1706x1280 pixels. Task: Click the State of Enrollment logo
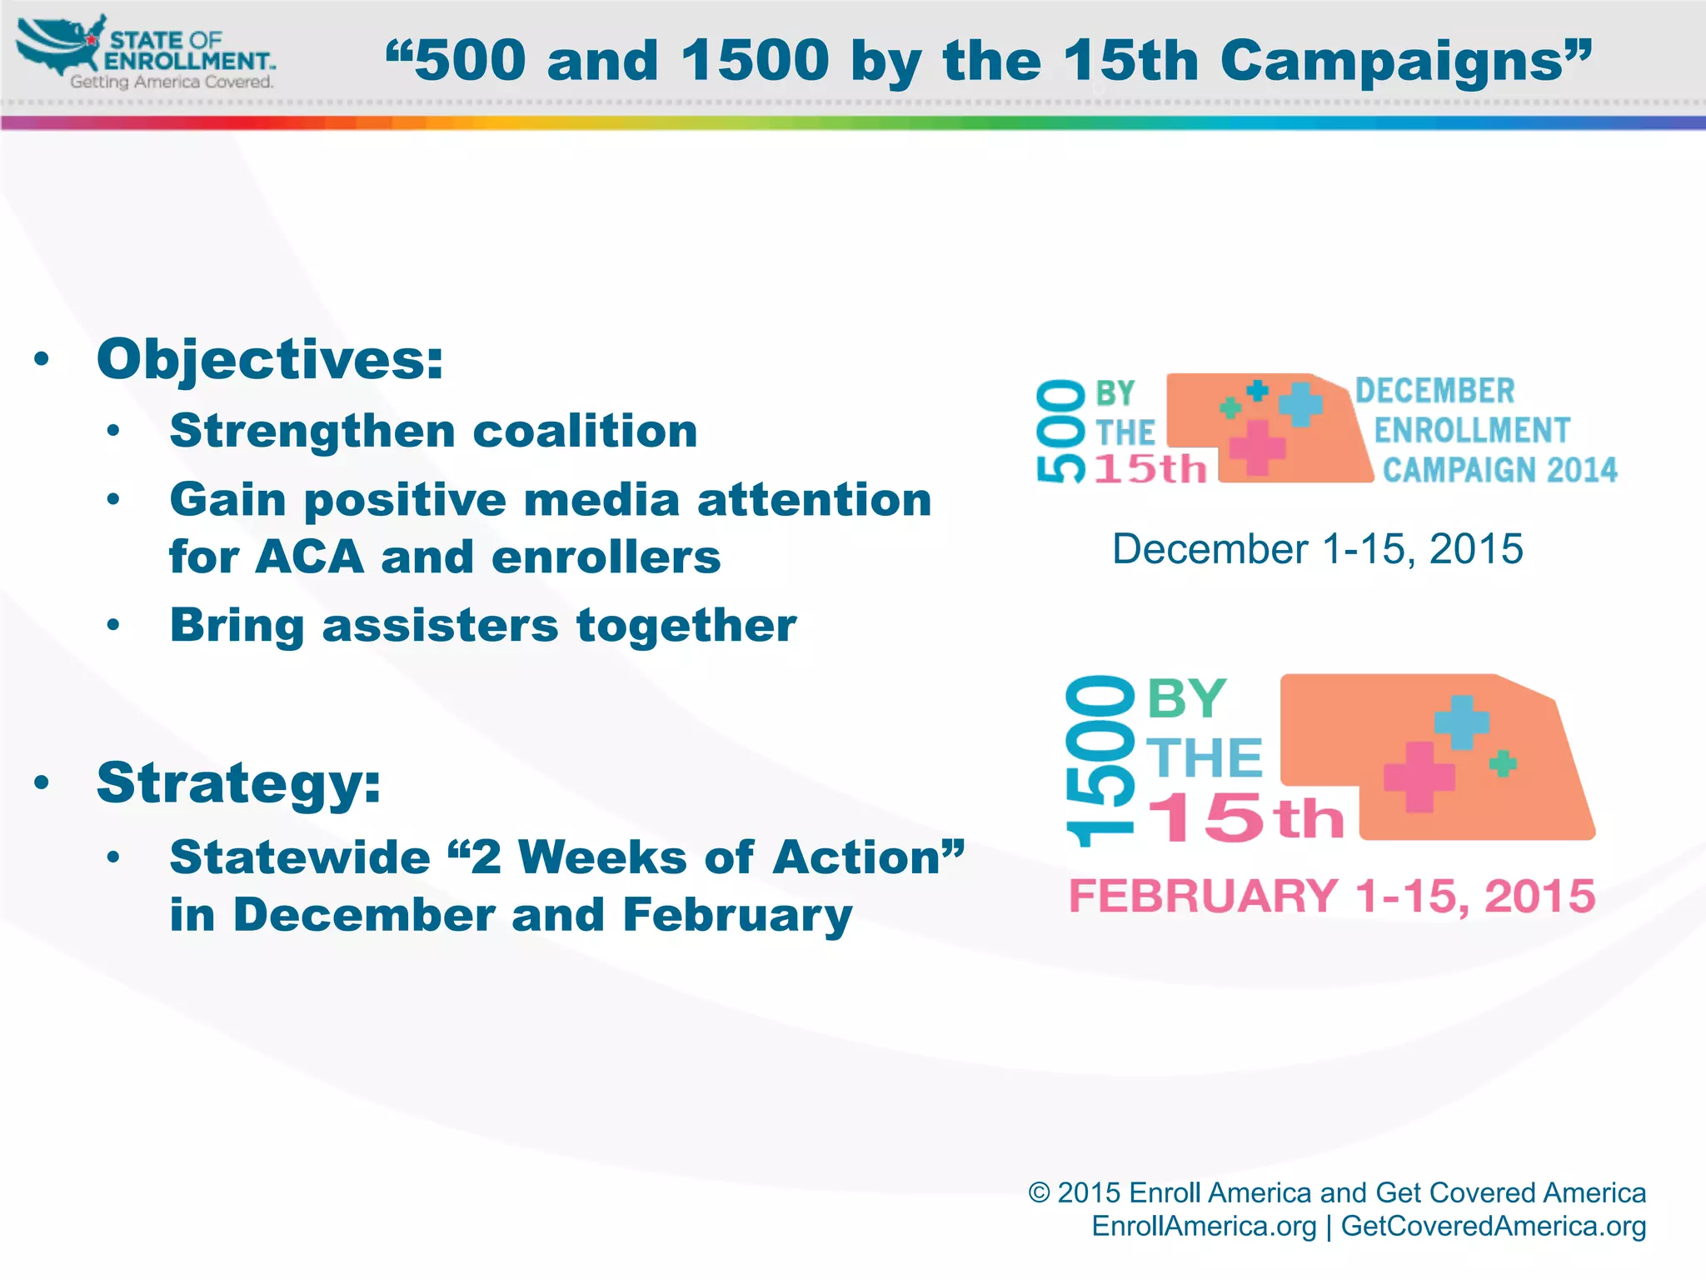pos(146,52)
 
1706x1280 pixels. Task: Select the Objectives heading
pos(270,360)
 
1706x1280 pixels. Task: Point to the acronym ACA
pos(310,557)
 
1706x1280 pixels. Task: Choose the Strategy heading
pos(239,782)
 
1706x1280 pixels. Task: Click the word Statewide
pos(300,857)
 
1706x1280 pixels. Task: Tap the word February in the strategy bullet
pos(737,915)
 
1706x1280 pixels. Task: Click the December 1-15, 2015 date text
pos(1318,549)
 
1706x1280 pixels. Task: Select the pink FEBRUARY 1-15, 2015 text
pos(1331,897)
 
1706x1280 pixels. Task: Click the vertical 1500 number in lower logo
pos(1100,761)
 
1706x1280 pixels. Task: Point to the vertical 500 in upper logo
pos(1060,431)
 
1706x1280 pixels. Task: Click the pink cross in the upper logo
pos(1257,447)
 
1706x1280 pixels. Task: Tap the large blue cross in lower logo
pos(1462,722)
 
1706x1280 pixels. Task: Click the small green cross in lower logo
pos(1503,763)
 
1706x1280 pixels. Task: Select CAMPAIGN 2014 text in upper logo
pos(1499,471)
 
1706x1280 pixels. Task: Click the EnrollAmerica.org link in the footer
pos(1204,1227)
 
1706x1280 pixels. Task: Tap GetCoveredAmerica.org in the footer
pos(1493,1227)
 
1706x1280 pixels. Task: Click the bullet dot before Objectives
pos(42,360)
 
